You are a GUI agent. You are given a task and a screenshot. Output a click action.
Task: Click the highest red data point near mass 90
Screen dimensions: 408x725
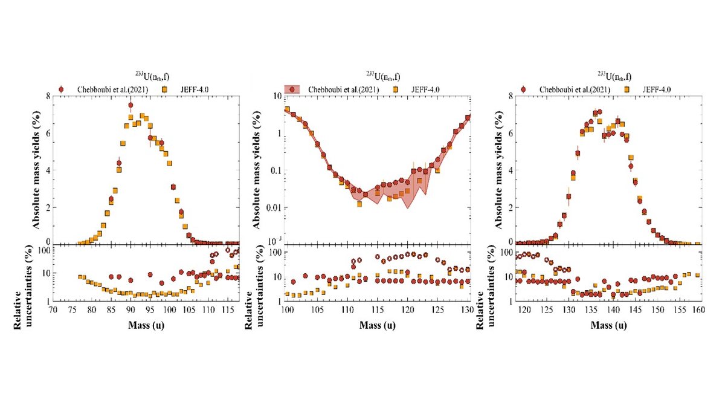[x=130, y=105]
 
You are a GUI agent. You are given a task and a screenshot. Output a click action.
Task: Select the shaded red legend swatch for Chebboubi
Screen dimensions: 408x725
[x=292, y=89]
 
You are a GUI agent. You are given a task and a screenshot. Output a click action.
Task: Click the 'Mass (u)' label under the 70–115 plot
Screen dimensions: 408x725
[x=145, y=325]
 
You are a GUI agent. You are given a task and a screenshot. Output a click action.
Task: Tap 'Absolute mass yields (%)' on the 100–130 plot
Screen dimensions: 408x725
[x=256, y=169]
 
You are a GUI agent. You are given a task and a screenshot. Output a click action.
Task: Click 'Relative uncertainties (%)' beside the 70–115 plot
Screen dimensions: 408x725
[x=21, y=275]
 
